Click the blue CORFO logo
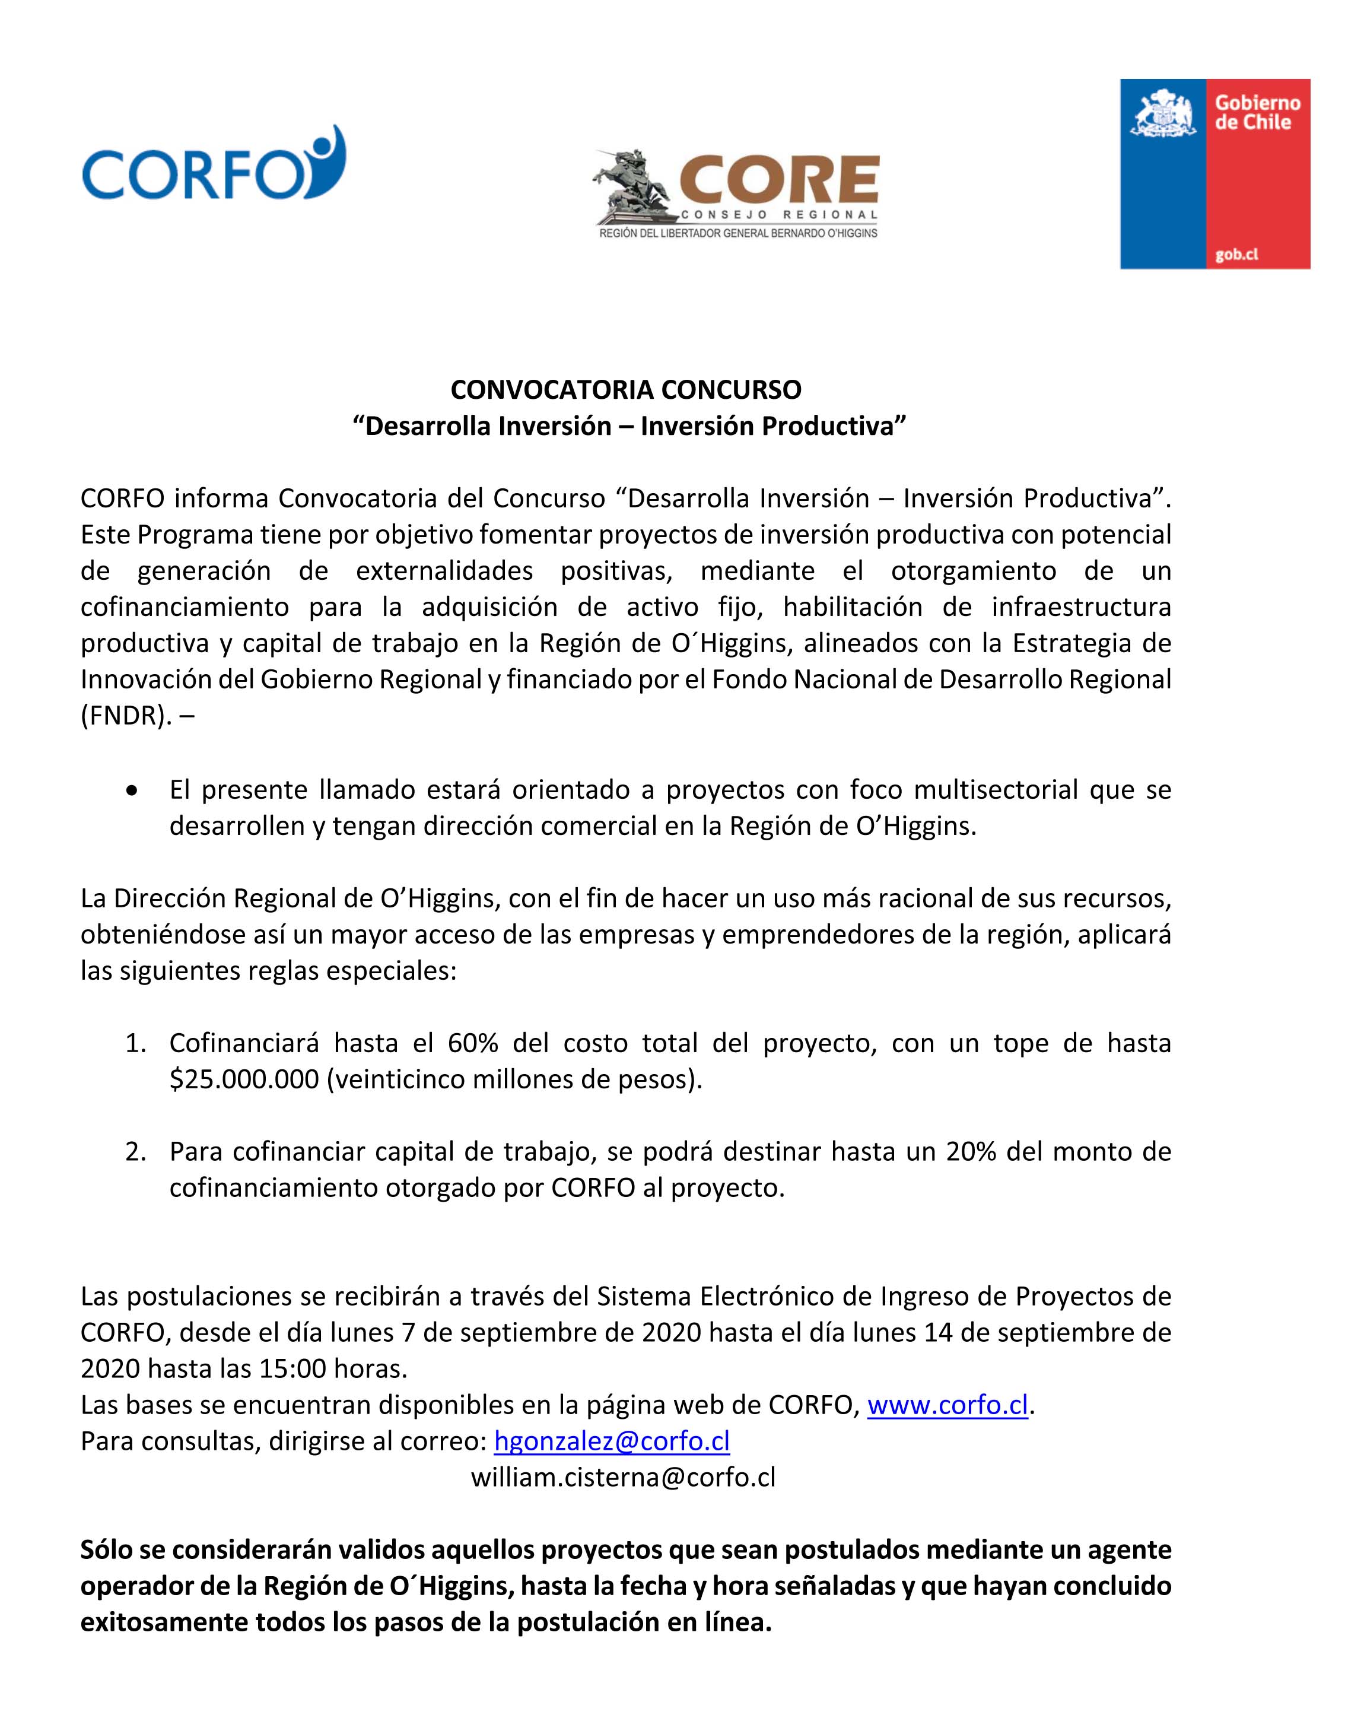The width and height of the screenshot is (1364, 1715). click(x=213, y=164)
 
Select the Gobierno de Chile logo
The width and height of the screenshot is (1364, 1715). click(x=1214, y=173)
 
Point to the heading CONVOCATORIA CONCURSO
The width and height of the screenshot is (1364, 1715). click(x=626, y=390)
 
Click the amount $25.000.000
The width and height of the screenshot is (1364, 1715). click(x=243, y=1079)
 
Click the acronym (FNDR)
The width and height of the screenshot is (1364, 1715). click(x=125, y=716)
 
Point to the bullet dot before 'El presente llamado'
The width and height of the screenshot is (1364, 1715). click(x=132, y=790)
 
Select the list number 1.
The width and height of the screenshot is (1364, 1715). click(x=135, y=1043)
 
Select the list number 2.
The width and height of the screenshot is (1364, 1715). click(x=135, y=1152)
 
